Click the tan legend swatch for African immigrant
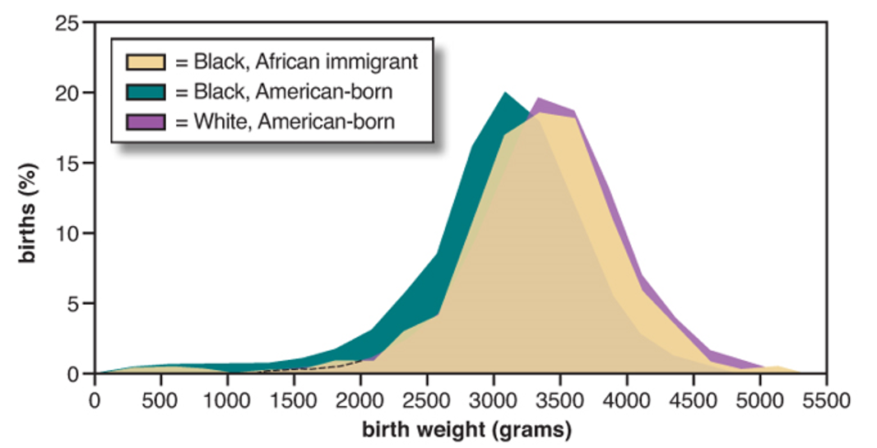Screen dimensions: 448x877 click(x=145, y=60)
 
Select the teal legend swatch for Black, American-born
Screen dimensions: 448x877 click(x=145, y=90)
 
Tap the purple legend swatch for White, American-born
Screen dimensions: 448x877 click(x=145, y=122)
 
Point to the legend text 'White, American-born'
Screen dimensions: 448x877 click(x=285, y=122)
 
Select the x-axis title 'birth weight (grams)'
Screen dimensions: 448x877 click(x=460, y=429)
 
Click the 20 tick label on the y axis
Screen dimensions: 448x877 click(x=69, y=93)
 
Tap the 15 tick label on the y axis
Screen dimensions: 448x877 click(x=69, y=163)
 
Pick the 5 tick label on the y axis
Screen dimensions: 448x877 click(x=73, y=303)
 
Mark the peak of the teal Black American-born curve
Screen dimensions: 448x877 click(x=505, y=93)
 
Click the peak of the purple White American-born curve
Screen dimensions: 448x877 click(x=538, y=99)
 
